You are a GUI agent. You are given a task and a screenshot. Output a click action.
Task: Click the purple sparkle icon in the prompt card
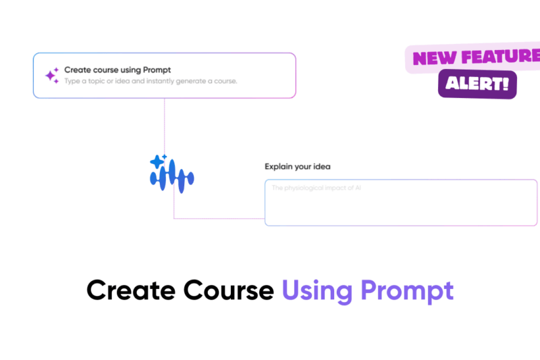coord(52,75)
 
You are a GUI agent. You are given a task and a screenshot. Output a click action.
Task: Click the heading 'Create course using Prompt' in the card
coord(117,70)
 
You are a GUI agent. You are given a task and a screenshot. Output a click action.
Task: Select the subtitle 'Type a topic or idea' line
coord(151,81)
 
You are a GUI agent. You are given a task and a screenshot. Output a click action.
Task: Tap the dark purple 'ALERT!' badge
coord(477,84)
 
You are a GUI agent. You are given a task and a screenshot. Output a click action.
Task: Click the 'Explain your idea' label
coord(297,166)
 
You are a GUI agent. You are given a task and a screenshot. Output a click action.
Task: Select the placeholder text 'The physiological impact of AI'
coord(316,188)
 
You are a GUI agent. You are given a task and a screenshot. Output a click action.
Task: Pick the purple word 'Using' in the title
coord(317,291)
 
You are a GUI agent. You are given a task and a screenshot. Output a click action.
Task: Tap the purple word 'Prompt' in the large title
coord(406,291)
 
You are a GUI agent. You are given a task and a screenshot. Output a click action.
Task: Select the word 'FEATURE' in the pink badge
coord(500,57)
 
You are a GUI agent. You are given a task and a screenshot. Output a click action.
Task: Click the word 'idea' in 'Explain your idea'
coord(321,166)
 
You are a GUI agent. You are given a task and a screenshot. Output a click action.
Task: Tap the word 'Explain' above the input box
coord(278,166)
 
